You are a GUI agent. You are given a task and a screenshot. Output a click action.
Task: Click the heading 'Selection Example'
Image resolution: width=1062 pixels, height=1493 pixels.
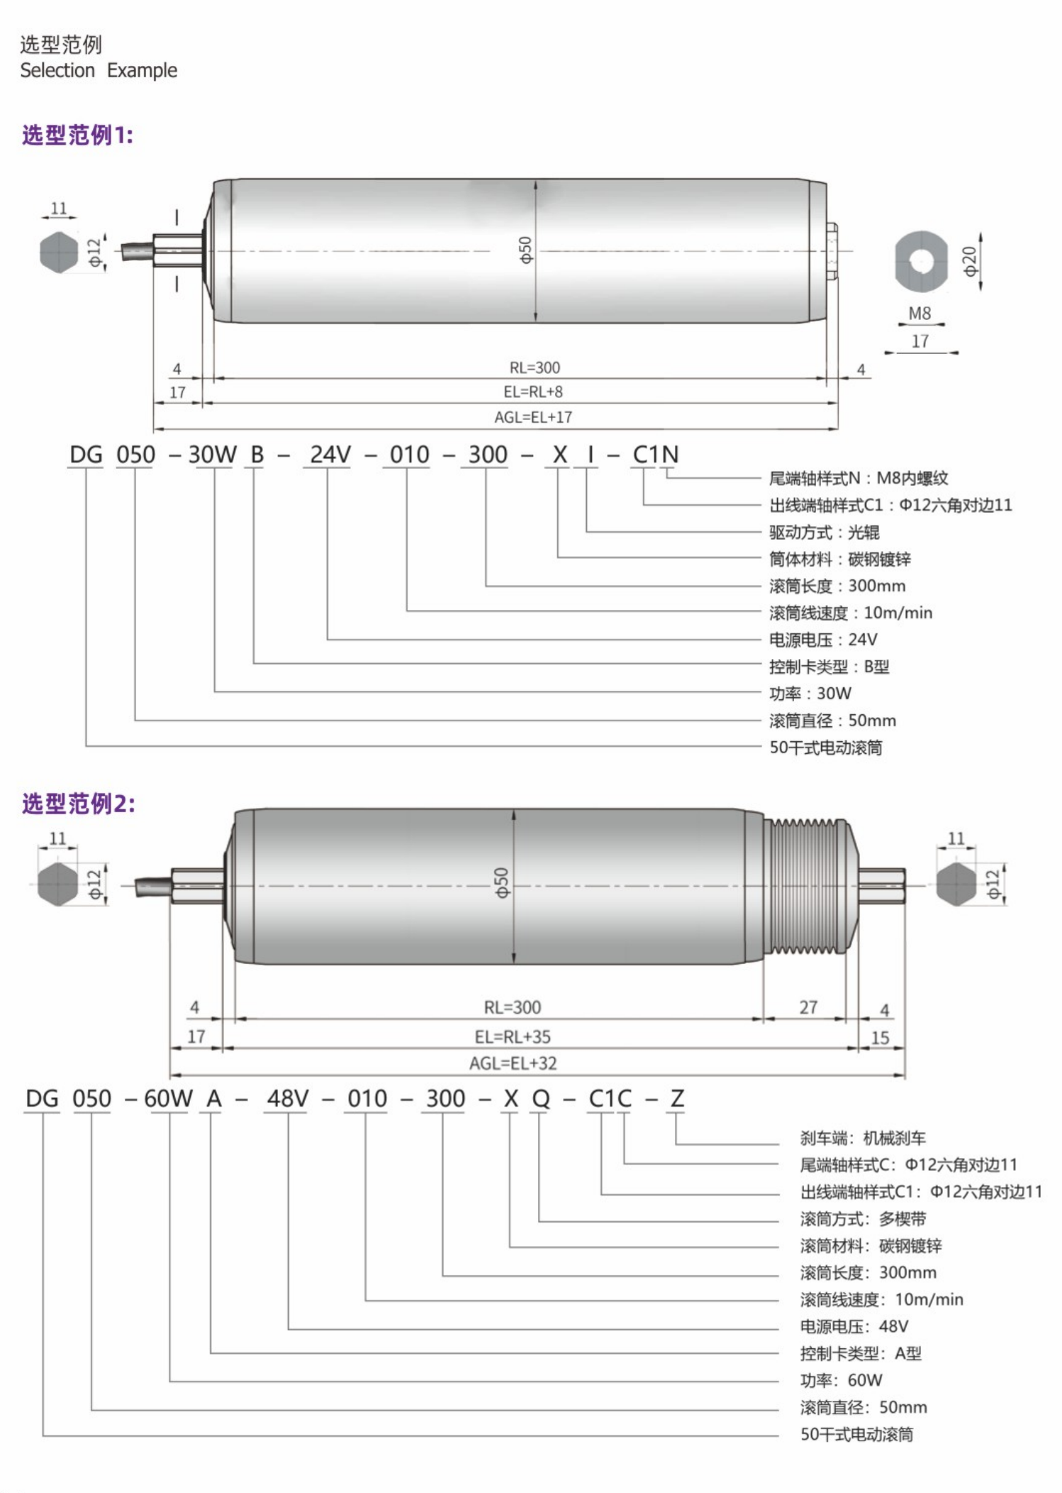coord(99,70)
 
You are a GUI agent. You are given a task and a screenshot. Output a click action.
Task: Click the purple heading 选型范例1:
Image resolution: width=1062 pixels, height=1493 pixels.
coord(77,135)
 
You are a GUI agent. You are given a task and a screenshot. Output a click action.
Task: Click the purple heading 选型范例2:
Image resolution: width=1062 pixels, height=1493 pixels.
coord(78,804)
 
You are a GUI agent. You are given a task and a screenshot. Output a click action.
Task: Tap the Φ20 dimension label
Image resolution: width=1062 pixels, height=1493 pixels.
coord(969,261)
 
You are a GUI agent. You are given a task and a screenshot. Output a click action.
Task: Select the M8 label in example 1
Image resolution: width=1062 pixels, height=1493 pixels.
coord(920,313)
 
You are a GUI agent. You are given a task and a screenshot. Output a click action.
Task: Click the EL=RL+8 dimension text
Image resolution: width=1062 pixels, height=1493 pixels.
coord(533,392)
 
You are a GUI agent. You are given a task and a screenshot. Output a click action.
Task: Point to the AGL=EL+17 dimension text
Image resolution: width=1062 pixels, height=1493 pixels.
coord(533,417)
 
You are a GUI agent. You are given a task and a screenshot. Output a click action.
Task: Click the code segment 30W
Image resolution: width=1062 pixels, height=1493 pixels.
coord(212,455)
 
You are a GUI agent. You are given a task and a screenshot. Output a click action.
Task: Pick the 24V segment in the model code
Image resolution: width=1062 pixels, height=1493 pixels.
coord(330,455)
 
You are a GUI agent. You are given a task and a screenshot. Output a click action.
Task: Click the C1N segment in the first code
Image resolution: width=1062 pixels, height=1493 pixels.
coord(656,455)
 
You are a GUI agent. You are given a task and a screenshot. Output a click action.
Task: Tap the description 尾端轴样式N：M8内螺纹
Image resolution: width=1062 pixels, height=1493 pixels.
coord(859,478)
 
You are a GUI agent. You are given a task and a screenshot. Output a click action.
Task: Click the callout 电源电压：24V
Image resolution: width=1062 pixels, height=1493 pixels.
coord(823,640)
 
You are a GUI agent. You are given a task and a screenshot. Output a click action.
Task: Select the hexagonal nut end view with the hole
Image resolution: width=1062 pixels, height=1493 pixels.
coord(921,262)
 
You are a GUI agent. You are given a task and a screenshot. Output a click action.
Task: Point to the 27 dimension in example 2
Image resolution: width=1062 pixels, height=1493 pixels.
coord(808,1007)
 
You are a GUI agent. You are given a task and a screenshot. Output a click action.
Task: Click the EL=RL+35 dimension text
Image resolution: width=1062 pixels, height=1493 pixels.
coord(513,1037)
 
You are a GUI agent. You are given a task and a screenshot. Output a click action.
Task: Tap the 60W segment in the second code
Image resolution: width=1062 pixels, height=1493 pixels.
coord(168,1099)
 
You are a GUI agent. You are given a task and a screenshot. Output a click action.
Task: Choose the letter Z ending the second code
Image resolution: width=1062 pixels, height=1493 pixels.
coord(677,1099)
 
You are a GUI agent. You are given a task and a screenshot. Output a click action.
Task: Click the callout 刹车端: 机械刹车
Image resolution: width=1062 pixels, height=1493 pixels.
coord(863,1138)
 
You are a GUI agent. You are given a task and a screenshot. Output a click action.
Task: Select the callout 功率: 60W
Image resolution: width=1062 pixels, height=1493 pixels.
coord(842,1380)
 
